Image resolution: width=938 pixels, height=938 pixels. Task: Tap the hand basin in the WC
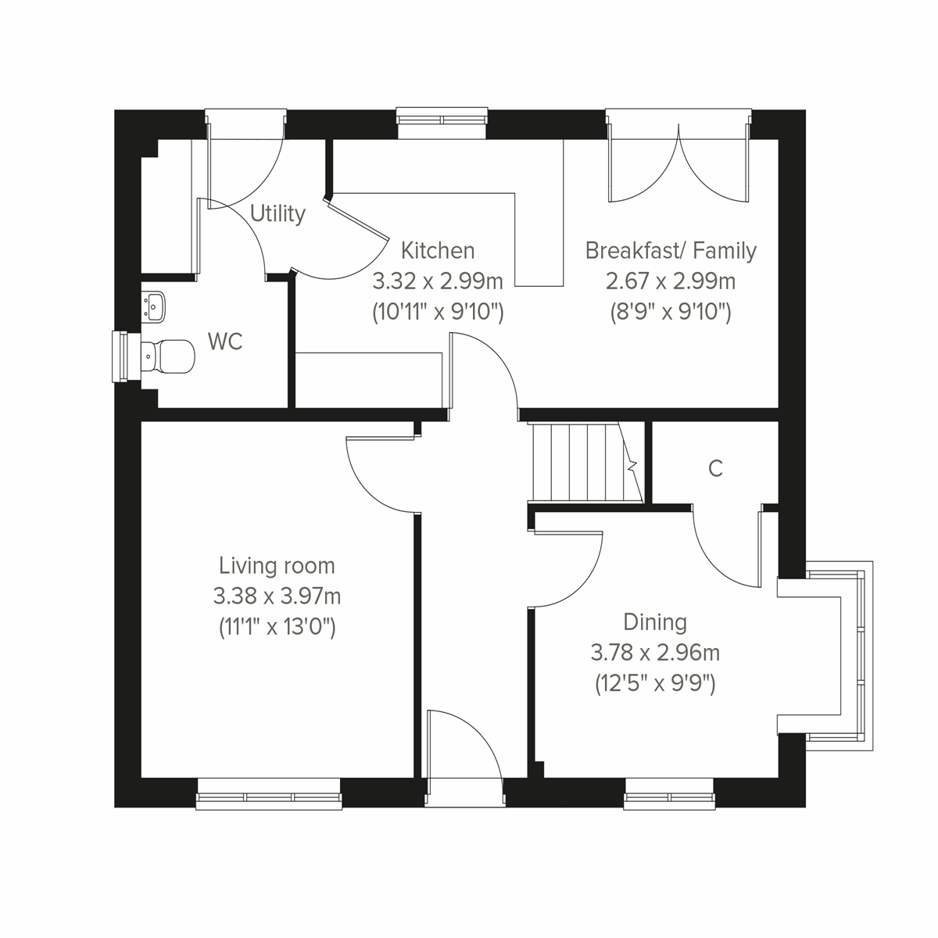coord(154,305)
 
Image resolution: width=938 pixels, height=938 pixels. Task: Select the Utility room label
coord(277,213)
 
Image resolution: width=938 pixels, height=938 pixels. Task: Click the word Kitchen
coord(437,250)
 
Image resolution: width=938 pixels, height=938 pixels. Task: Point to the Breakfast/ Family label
coord(671,250)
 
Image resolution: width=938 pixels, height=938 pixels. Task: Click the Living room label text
coord(277,565)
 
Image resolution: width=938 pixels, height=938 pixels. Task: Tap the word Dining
coord(655,622)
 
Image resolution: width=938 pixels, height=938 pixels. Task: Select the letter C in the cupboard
coord(715,468)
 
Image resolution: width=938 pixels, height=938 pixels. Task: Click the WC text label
coord(225,342)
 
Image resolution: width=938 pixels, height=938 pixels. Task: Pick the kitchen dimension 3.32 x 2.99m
coord(437,281)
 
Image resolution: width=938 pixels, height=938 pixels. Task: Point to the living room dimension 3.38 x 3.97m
coord(277,596)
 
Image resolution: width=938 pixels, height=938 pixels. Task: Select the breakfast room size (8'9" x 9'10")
coord(671,312)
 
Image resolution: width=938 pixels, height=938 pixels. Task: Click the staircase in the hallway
coord(582,462)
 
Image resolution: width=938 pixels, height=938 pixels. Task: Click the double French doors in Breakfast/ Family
coord(678,160)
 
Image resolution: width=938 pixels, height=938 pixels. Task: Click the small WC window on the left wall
coord(121,357)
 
